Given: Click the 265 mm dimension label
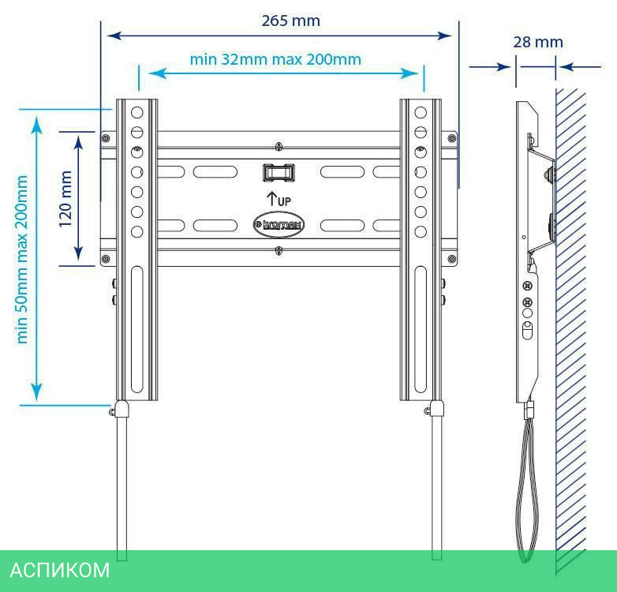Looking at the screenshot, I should click(x=291, y=21).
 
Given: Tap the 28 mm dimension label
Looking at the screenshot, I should click(x=538, y=41).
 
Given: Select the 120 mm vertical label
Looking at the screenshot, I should click(x=66, y=198).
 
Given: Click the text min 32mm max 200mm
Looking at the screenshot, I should click(x=275, y=58).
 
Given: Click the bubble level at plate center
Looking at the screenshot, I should click(x=279, y=170).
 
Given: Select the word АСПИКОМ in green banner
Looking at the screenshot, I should click(x=60, y=571).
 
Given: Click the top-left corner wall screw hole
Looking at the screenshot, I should click(x=106, y=138).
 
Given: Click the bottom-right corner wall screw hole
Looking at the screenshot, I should click(x=451, y=258).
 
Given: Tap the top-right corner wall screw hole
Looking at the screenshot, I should click(x=451, y=138).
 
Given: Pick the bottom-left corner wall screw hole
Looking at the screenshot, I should click(x=106, y=258).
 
